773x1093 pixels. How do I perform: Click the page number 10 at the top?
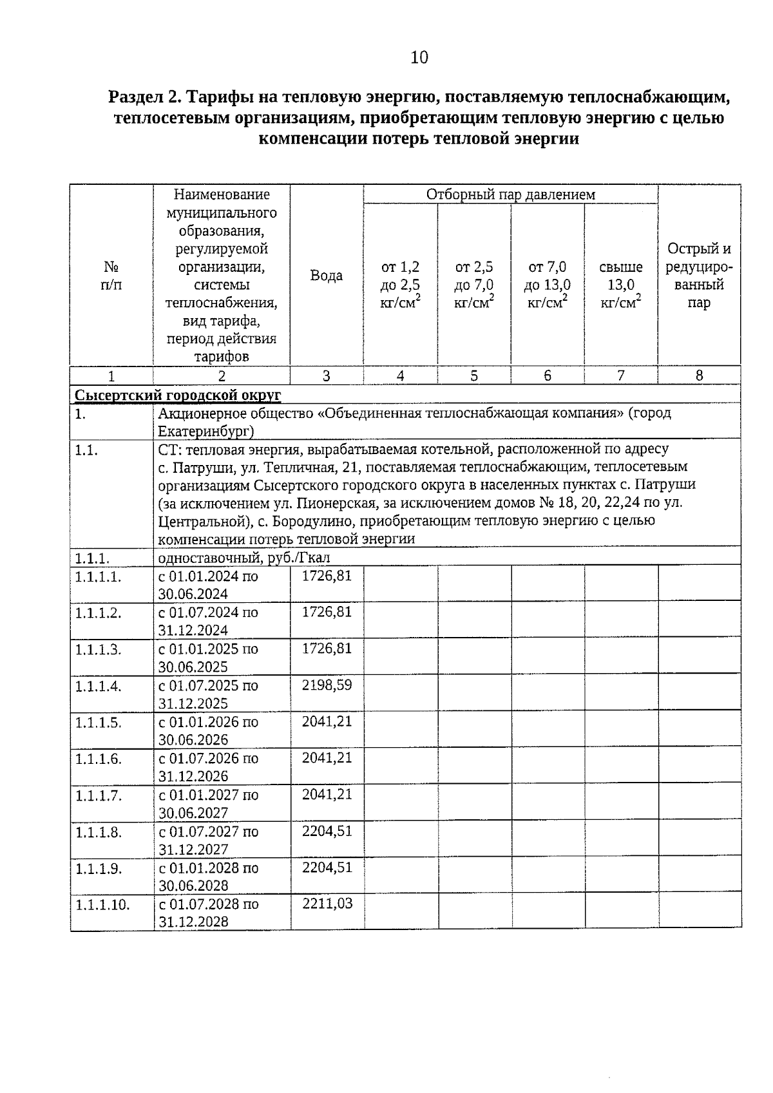tap(419, 58)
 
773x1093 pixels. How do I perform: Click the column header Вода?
tap(327, 276)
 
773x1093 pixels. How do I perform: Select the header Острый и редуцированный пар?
tap(699, 276)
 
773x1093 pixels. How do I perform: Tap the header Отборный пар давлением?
tap(510, 194)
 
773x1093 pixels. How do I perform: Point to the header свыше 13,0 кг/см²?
tap(621, 285)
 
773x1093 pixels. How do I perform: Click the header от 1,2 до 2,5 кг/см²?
tap(400, 285)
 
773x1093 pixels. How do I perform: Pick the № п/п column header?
tap(111, 276)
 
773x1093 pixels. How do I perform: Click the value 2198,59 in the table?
tap(327, 685)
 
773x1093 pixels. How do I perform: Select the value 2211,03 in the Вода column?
tap(327, 904)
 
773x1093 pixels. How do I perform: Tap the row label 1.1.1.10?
tap(102, 905)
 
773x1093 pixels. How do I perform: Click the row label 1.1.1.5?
tap(98, 723)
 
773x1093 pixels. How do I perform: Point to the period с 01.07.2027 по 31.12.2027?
tap(209, 841)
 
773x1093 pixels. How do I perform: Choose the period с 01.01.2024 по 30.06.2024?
tap(208, 585)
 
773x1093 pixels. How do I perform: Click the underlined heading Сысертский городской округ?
tap(178, 395)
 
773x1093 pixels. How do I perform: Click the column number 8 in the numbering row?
tap(699, 376)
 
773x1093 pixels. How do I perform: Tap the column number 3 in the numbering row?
tap(327, 376)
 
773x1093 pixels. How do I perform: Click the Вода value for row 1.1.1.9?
tap(327, 868)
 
